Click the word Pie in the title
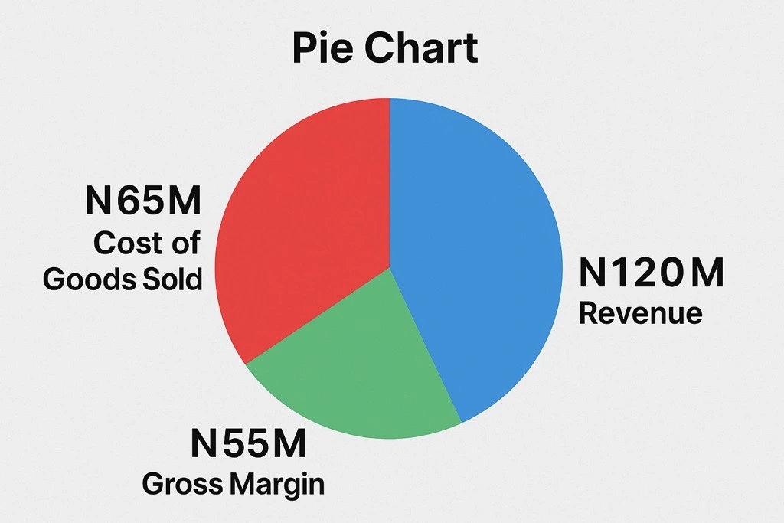322,48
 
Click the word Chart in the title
421,48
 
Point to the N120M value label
651,273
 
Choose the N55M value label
248,444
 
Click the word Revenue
640,313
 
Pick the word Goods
81,279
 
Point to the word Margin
276,484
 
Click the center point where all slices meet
390,268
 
